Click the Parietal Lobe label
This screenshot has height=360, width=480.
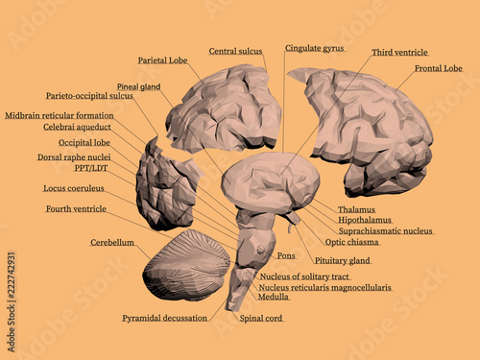pos(162,60)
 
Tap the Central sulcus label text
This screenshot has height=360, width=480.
pos(236,51)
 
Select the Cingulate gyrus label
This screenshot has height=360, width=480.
pos(314,47)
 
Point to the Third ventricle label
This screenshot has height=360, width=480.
pos(399,52)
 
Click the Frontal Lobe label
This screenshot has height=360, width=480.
pos(438,68)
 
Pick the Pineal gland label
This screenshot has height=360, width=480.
pos(138,86)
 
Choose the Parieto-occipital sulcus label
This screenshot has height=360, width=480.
pos(89,96)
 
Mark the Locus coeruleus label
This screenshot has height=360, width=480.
pos(74,188)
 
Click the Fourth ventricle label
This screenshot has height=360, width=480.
pos(76,208)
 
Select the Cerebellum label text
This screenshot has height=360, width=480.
pos(112,243)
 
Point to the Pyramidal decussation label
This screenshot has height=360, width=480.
pos(165,318)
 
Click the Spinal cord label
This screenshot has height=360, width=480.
pos(261,318)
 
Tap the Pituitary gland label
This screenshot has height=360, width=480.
pos(343,260)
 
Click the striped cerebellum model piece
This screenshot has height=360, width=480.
pos(186,266)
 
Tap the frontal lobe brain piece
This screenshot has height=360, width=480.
pos(365,125)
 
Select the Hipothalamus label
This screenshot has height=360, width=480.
pos(363,220)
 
